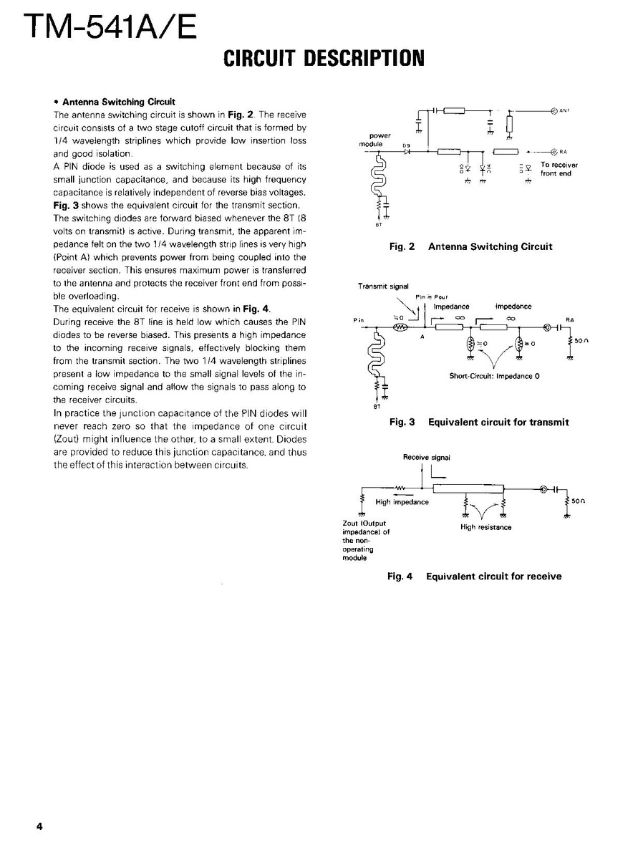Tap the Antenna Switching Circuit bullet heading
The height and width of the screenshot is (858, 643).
click(x=119, y=102)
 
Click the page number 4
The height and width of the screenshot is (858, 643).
click(x=40, y=826)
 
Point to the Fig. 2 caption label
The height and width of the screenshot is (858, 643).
click(x=402, y=246)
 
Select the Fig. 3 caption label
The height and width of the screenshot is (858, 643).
click(x=402, y=422)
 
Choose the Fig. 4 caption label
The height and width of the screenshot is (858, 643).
click(x=400, y=576)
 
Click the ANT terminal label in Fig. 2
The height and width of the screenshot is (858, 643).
click(x=564, y=110)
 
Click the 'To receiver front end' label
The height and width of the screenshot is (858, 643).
click(x=559, y=169)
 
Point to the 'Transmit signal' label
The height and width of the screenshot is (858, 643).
click(x=383, y=286)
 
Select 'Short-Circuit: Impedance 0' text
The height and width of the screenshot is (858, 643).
click(x=493, y=376)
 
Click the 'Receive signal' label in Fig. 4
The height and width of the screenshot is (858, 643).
click(x=427, y=456)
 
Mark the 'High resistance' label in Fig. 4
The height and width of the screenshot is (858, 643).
click(x=485, y=527)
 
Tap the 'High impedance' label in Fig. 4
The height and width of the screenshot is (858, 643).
click(x=402, y=502)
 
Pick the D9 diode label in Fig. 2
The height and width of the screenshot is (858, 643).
click(x=406, y=145)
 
